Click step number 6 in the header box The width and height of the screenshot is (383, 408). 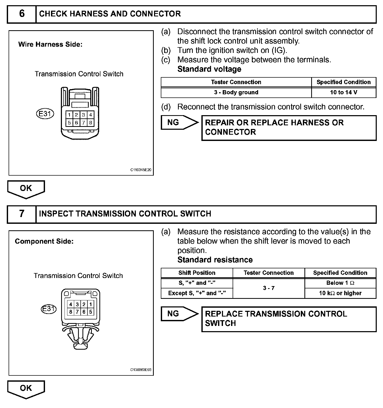tap(22, 14)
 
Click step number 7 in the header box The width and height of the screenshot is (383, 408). tap(22, 214)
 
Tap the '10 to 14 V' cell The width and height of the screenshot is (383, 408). tap(343, 92)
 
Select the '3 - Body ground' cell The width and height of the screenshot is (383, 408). tap(236, 92)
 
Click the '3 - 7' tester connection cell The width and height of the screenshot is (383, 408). tap(269, 288)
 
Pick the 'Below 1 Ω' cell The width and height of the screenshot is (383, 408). tap(340, 283)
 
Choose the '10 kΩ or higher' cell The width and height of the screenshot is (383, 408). tap(340, 293)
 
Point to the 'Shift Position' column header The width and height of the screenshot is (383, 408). tap(197, 273)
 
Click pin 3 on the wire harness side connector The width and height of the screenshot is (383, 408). tap(84, 115)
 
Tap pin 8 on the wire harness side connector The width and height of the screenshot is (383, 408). tap(91, 122)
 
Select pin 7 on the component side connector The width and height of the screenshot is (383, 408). tap(77, 312)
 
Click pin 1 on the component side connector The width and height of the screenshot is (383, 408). tap(91, 304)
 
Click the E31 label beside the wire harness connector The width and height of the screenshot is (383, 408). tap(45, 114)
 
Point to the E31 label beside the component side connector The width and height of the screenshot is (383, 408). tap(49, 309)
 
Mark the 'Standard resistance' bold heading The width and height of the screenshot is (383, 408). tap(215, 260)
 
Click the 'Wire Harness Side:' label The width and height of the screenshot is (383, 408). tap(50, 44)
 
